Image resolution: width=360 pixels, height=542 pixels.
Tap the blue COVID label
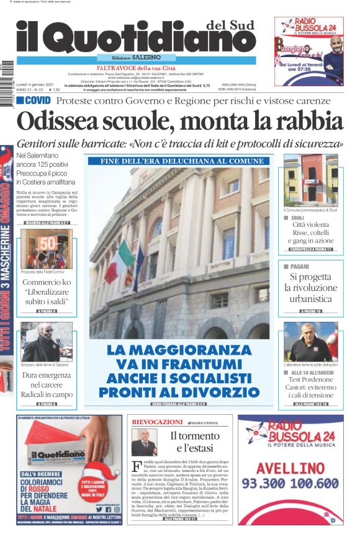point(34,100)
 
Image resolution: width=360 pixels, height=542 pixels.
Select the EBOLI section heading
point(297,218)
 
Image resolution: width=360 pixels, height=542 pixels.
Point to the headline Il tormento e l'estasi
point(194,442)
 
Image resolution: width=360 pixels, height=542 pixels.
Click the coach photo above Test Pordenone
point(310,342)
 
